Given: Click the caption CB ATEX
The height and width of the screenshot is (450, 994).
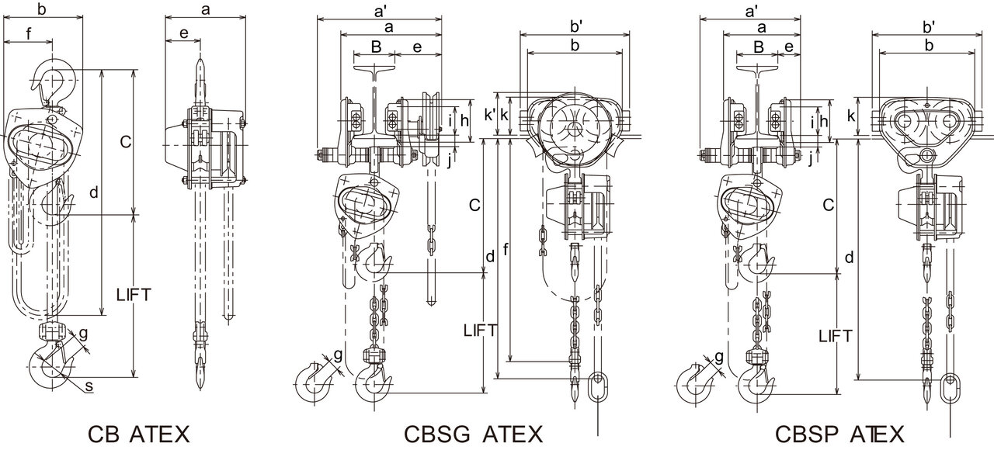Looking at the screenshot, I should coord(138,433).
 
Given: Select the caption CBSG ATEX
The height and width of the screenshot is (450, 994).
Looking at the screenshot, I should coord(474,433).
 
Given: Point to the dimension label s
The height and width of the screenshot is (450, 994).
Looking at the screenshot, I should coord(89,385).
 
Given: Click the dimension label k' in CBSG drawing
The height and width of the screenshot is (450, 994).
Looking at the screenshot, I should coord(489,115).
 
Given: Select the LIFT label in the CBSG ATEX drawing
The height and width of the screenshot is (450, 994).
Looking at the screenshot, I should coord(479,330).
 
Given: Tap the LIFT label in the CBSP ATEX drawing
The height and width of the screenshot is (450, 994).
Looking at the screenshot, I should coord(836,336).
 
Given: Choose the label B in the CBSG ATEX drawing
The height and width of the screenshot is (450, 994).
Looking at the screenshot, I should coord(375,47).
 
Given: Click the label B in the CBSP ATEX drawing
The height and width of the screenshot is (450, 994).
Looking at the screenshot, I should coord(758,47).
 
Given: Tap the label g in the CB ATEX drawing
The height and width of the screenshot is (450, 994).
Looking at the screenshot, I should coord(83,334).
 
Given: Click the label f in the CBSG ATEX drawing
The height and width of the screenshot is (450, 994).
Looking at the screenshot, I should coord(506,250).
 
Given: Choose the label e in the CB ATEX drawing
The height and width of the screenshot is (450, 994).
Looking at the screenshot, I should coord(183,33).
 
